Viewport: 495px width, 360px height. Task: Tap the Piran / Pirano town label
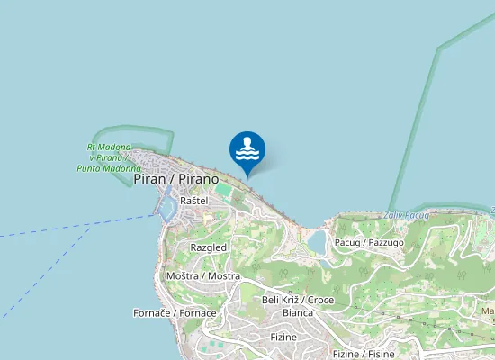[x=176, y=179]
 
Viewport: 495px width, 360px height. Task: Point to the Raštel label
[x=193, y=200]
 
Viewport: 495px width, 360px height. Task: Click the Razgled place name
[x=209, y=247]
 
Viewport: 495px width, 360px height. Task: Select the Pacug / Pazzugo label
[x=369, y=243]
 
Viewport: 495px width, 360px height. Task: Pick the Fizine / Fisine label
[x=364, y=354]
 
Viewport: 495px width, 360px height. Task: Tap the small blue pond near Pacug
[x=317, y=240]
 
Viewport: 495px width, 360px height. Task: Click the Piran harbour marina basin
[x=165, y=208]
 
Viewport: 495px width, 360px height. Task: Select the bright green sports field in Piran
[x=222, y=191]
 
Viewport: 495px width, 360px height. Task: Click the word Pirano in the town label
[x=199, y=179]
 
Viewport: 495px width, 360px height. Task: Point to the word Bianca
[x=298, y=312]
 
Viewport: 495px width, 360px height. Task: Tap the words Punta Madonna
[x=110, y=168]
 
